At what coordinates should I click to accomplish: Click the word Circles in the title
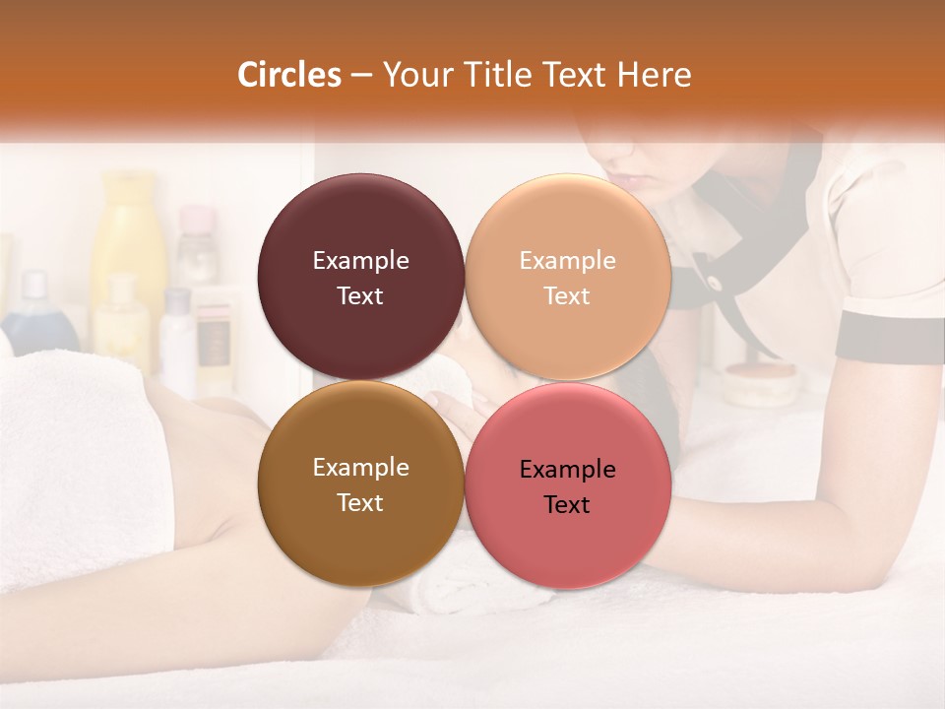click(x=289, y=75)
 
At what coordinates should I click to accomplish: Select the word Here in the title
click(x=655, y=75)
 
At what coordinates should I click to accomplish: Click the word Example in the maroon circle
click(x=360, y=261)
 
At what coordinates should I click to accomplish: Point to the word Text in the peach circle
click(x=567, y=296)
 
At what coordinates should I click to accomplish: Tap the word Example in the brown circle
click(x=360, y=468)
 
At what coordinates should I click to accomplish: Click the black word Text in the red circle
click(x=567, y=505)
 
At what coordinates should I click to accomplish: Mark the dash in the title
click(x=361, y=75)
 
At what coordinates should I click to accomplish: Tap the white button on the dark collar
click(x=713, y=284)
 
